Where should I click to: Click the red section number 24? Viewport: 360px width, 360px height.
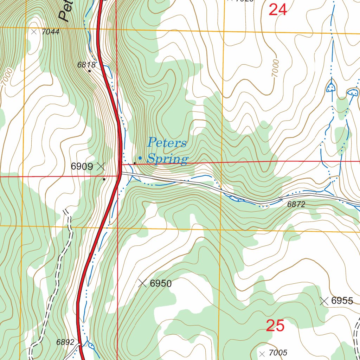[278, 10]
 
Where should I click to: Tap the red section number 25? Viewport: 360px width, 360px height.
[275, 326]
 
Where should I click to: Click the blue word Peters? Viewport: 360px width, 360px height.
[167, 143]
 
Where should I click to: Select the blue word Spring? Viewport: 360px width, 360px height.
[167, 159]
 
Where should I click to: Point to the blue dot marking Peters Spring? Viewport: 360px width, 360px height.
[140, 158]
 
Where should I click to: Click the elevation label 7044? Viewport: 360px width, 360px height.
[50, 32]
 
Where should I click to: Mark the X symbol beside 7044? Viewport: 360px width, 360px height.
[34, 32]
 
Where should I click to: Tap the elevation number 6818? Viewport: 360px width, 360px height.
[86, 65]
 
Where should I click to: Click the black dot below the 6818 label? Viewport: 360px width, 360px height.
[89, 71]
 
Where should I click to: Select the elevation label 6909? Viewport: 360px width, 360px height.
[82, 167]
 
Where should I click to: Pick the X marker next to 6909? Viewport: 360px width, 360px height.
[101, 166]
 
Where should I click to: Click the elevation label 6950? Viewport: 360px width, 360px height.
[161, 283]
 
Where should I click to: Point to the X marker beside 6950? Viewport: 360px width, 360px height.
[142, 283]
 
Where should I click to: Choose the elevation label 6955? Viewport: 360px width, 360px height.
[342, 301]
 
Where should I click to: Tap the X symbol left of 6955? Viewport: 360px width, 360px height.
[324, 301]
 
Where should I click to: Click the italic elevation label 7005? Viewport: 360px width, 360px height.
[278, 353]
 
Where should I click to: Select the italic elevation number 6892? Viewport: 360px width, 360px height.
[65, 342]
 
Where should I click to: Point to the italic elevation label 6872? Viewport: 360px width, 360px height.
[296, 204]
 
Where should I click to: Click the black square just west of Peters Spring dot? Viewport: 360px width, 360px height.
[134, 163]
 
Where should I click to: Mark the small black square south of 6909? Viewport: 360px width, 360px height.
[104, 179]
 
